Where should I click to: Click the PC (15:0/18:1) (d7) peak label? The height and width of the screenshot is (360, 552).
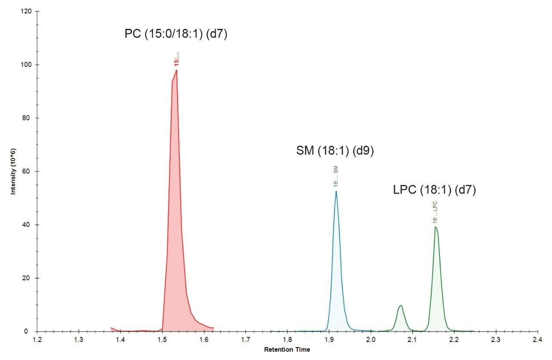coord(176,34)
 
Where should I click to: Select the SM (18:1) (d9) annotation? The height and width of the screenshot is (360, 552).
coord(335,151)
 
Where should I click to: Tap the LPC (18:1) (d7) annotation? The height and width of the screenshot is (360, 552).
coord(434,190)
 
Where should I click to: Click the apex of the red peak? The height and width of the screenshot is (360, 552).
coord(176,70)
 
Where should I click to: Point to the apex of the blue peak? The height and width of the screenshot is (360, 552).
coord(336,191)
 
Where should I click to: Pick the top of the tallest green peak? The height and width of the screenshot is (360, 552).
coord(436,227)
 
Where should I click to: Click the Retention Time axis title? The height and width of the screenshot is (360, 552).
coord(287,350)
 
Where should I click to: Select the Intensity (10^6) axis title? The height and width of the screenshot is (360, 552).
coord(13,171)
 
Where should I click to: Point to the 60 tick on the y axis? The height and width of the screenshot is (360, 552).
coord(27,172)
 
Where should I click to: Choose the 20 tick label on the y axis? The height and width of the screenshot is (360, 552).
coord(27,278)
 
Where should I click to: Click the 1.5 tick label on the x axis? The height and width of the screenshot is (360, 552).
coord(162,340)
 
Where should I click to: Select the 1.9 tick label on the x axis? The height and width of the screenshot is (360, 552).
coord(329,340)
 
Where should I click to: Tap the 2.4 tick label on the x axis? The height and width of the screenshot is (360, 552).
coord(538,340)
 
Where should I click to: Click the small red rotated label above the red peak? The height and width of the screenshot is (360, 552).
coord(176,59)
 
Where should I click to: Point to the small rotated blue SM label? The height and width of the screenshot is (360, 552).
coord(336,177)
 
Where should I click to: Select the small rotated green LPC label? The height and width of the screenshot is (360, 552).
coord(435,212)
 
